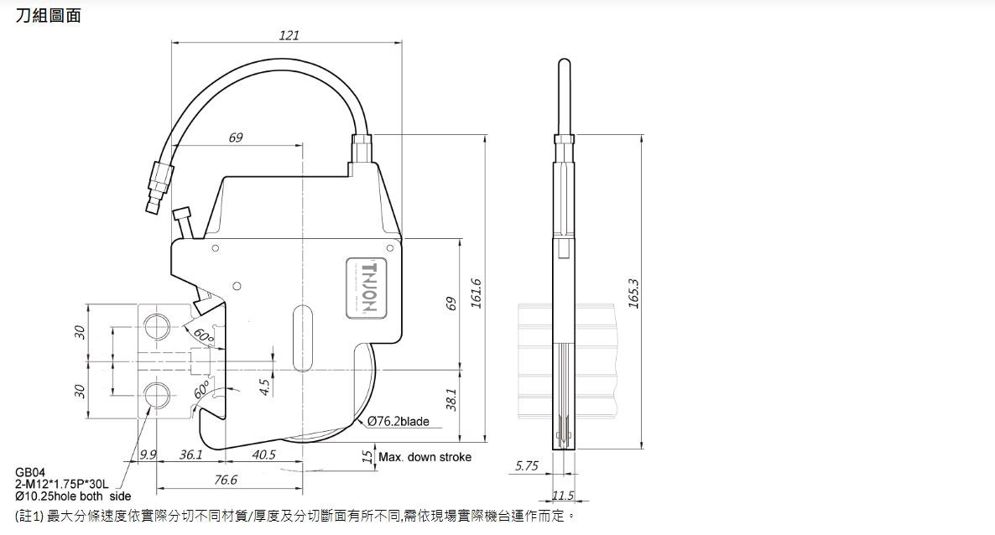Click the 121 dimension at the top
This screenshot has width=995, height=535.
(289, 35)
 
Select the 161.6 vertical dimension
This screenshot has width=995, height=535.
(476, 294)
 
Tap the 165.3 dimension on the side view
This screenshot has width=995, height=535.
(633, 293)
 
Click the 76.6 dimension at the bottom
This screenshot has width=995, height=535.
(226, 480)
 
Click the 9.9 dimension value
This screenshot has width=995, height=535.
(148, 454)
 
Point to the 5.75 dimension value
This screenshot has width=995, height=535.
(526, 466)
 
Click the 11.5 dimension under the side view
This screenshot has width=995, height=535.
(563, 496)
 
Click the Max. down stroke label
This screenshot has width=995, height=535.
(425, 457)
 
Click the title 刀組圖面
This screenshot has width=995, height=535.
(49, 15)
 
